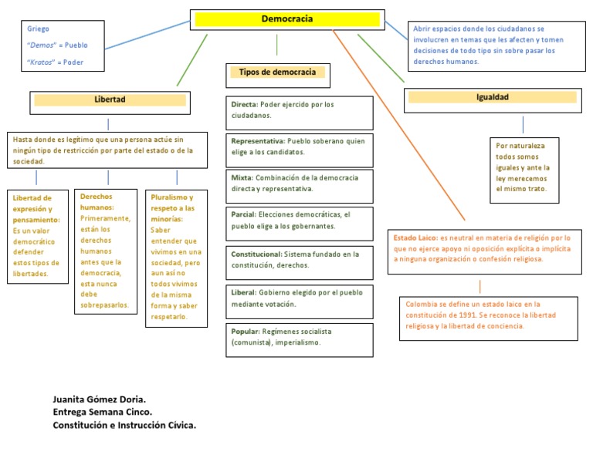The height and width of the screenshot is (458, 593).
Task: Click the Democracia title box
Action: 286,19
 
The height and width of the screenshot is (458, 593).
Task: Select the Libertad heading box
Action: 109,100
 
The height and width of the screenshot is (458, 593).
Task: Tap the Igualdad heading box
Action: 492,97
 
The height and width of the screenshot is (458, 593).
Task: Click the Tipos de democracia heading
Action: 277,72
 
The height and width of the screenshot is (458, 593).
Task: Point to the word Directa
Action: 244,104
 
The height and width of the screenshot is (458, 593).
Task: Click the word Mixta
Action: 241,177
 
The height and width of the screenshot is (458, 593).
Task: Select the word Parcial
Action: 243,214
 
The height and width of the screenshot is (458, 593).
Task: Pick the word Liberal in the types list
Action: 243,293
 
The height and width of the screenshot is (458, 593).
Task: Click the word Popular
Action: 245,331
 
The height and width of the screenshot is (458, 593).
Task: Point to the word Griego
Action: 38,29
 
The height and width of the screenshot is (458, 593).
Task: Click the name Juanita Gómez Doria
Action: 98,399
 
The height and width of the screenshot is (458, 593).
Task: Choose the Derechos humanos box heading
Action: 96,202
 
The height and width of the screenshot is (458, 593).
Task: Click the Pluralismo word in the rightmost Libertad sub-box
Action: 171,197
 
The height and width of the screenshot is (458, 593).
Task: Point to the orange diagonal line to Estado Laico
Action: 398,123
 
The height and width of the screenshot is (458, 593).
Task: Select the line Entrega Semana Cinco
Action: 102,412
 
